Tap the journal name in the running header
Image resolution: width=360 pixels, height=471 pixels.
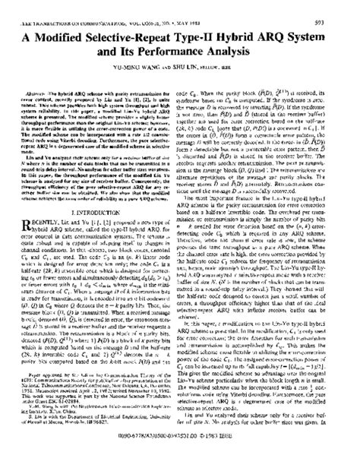tap(84, 5)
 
